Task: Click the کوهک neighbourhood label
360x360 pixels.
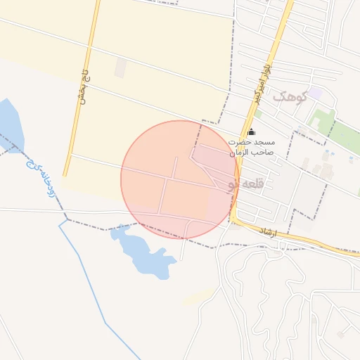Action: pyautogui.click(x=292, y=97)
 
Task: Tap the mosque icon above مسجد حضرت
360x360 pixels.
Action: pyautogui.click(x=252, y=131)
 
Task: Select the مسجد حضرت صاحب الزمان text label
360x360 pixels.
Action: pyautogui.click(x=252, y=146)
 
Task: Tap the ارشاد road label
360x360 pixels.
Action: pyautogui.click(x=269, y=232)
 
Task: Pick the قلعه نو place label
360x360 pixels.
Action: pyautogui.click(x=245, y=184)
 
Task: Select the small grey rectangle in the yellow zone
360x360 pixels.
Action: pyautogui.click(x=120, y=67)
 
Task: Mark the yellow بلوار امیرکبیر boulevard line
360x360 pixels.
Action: pyautogui.click(x=278, y=42)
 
